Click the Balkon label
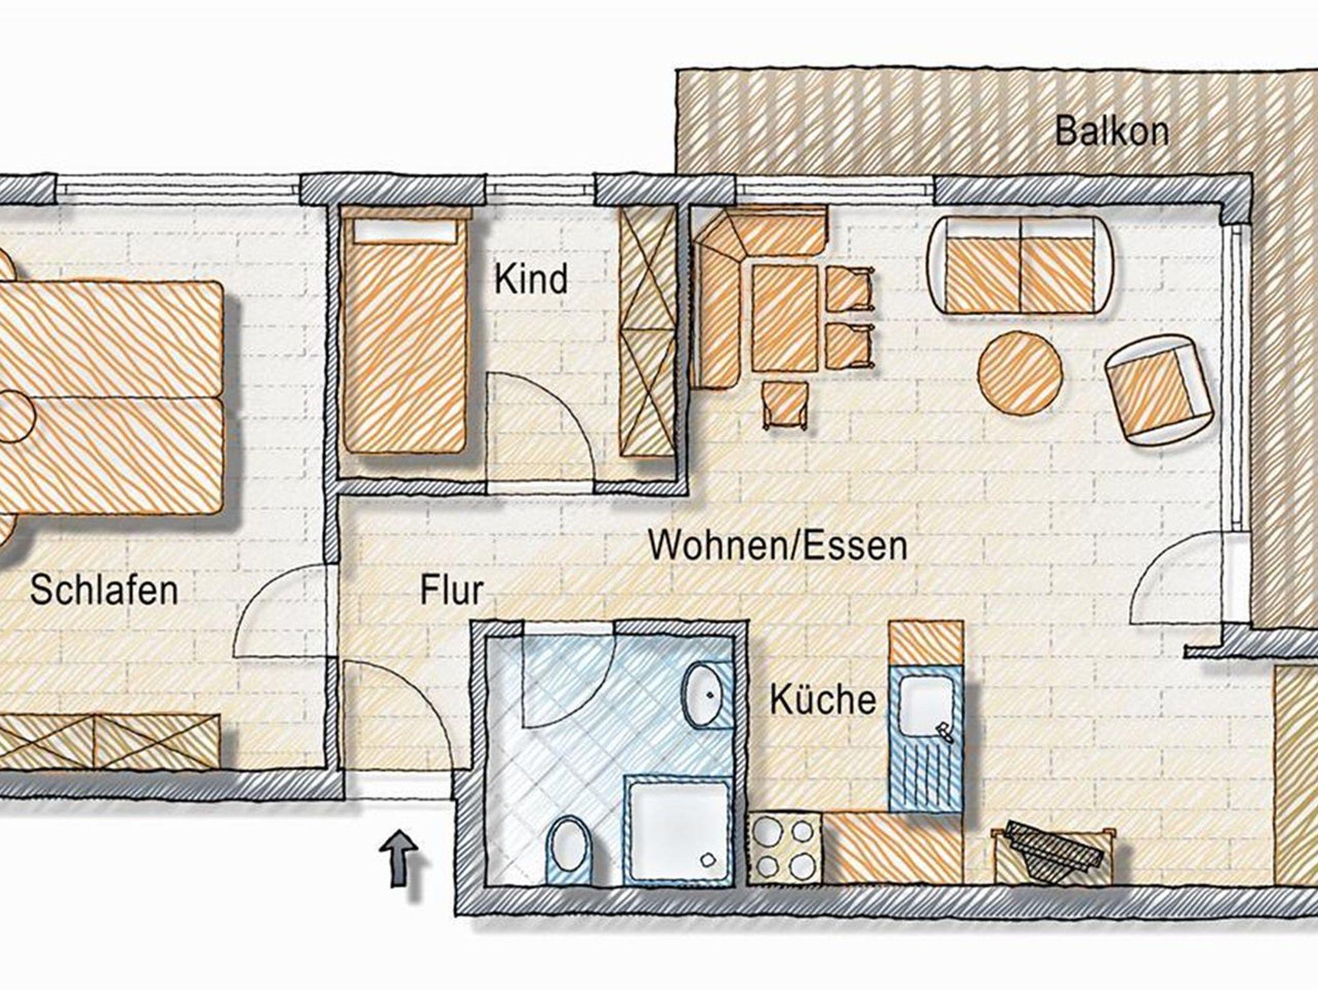[x=1111, y=133]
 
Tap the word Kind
[x=531, y=280]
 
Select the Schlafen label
[x=104, y=590]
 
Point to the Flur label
[x=451, y=590]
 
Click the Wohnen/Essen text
[x=777, y=545]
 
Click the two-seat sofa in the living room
[x=1021, y=265]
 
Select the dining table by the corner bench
[x=784, y=319]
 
